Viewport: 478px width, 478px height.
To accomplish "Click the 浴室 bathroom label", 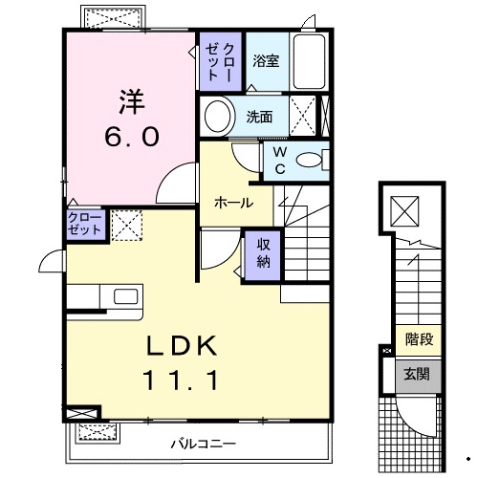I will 267,61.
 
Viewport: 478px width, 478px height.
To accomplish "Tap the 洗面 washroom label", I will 260,118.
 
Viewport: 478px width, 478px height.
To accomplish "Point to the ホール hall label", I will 233,203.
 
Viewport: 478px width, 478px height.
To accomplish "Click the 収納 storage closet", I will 263,252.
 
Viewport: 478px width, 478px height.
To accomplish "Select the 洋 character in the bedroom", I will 131,99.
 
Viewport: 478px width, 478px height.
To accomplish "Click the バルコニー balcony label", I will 203,444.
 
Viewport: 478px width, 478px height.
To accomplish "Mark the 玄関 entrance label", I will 418,374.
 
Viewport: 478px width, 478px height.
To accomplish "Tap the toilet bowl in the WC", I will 309,161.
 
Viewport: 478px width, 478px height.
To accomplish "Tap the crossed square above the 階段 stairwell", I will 405,207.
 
